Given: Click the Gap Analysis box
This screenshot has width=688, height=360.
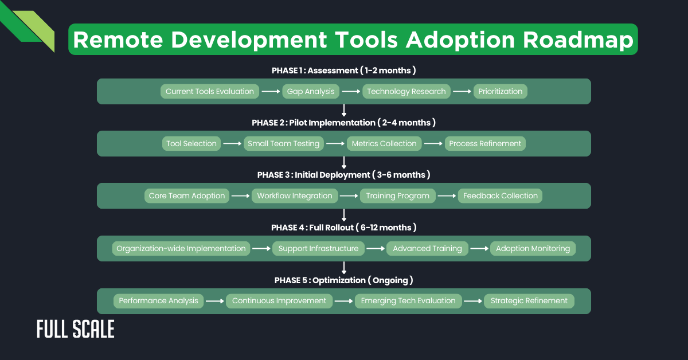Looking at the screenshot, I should pyautogui.click(x=311, y=91).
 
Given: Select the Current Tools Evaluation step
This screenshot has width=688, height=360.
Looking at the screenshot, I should pyautogui.click(x=210, y=91).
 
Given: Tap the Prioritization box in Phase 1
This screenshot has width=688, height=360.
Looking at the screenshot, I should pyautogui.click(x=501, y=91).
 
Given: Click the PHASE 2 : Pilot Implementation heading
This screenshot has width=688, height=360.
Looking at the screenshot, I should pyautogui.click(x=343, y=123).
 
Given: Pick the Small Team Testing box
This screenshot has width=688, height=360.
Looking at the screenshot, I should pyautogui.click(x=283, y=143).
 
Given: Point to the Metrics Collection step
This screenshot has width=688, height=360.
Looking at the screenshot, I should pyautogui.click(x=384, y=143).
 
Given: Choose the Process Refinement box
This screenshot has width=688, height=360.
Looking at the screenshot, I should pyautogui.click(x=485, y=143).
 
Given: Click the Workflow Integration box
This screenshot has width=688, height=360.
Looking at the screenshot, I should pyautogui.click(x=295, y=195).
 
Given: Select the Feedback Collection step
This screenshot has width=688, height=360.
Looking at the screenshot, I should pyautogui.click(x=501, y=195).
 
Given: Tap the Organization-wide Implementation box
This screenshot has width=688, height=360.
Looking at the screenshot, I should pyautogui.click(x=181, y=248).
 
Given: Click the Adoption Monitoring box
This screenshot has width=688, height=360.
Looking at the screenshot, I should pyautogui.click(x=533, y=248).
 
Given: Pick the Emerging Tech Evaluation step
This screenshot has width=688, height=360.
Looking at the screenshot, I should pyautogui.click(x=408, y=300).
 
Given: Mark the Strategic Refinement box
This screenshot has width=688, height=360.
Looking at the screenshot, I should pyautogui.click(x=529, y=300).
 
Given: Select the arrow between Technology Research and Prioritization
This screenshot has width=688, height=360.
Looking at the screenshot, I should pyautogui.click(x=462, y=91).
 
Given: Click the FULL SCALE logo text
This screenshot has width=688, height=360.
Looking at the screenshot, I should pyautogui.click(x=75, y=329).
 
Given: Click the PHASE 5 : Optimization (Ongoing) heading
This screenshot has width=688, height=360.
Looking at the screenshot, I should pyautogui.click(x=343, y=280).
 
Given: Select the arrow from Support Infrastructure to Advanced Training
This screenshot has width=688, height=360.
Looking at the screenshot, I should pyautogui.click(x=375, y=248).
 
